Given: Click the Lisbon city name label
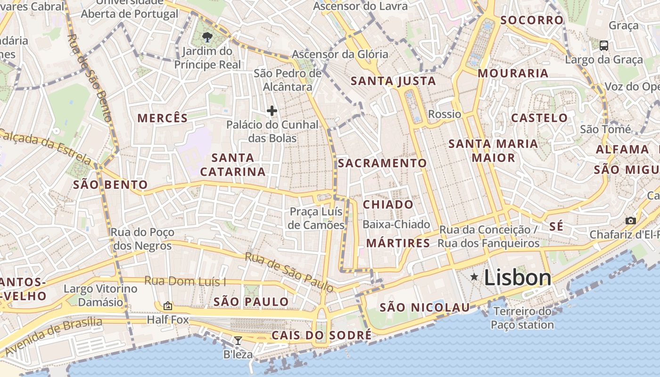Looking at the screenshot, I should pos(518,278).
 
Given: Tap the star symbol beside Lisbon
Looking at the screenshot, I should pos(474,277).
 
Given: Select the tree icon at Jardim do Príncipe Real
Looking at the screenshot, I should pos(206,37).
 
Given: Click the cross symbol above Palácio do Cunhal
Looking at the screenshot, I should pos(272,111).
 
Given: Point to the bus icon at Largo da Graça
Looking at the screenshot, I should pos(603,46).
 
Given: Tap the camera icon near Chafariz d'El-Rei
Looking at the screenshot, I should pos(630,221).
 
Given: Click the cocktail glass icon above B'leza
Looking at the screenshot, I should pos(238,340).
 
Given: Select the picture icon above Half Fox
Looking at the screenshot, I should pos(167,306).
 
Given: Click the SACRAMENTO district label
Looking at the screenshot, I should pos(382,163).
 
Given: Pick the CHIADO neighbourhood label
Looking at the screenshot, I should pos(388,205).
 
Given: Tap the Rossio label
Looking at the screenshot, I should pos(445,114).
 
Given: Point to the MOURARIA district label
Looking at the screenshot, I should pos(513,73).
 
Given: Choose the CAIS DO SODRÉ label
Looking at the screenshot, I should pos(322,335).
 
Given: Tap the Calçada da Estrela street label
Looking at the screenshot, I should pos(45,146).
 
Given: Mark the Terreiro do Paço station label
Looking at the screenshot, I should pos(522,318).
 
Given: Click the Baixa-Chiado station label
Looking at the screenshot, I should pos(396,224).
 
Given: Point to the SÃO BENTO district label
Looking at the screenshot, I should pos(110,185).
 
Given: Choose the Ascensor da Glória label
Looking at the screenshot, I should pos(340,54).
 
